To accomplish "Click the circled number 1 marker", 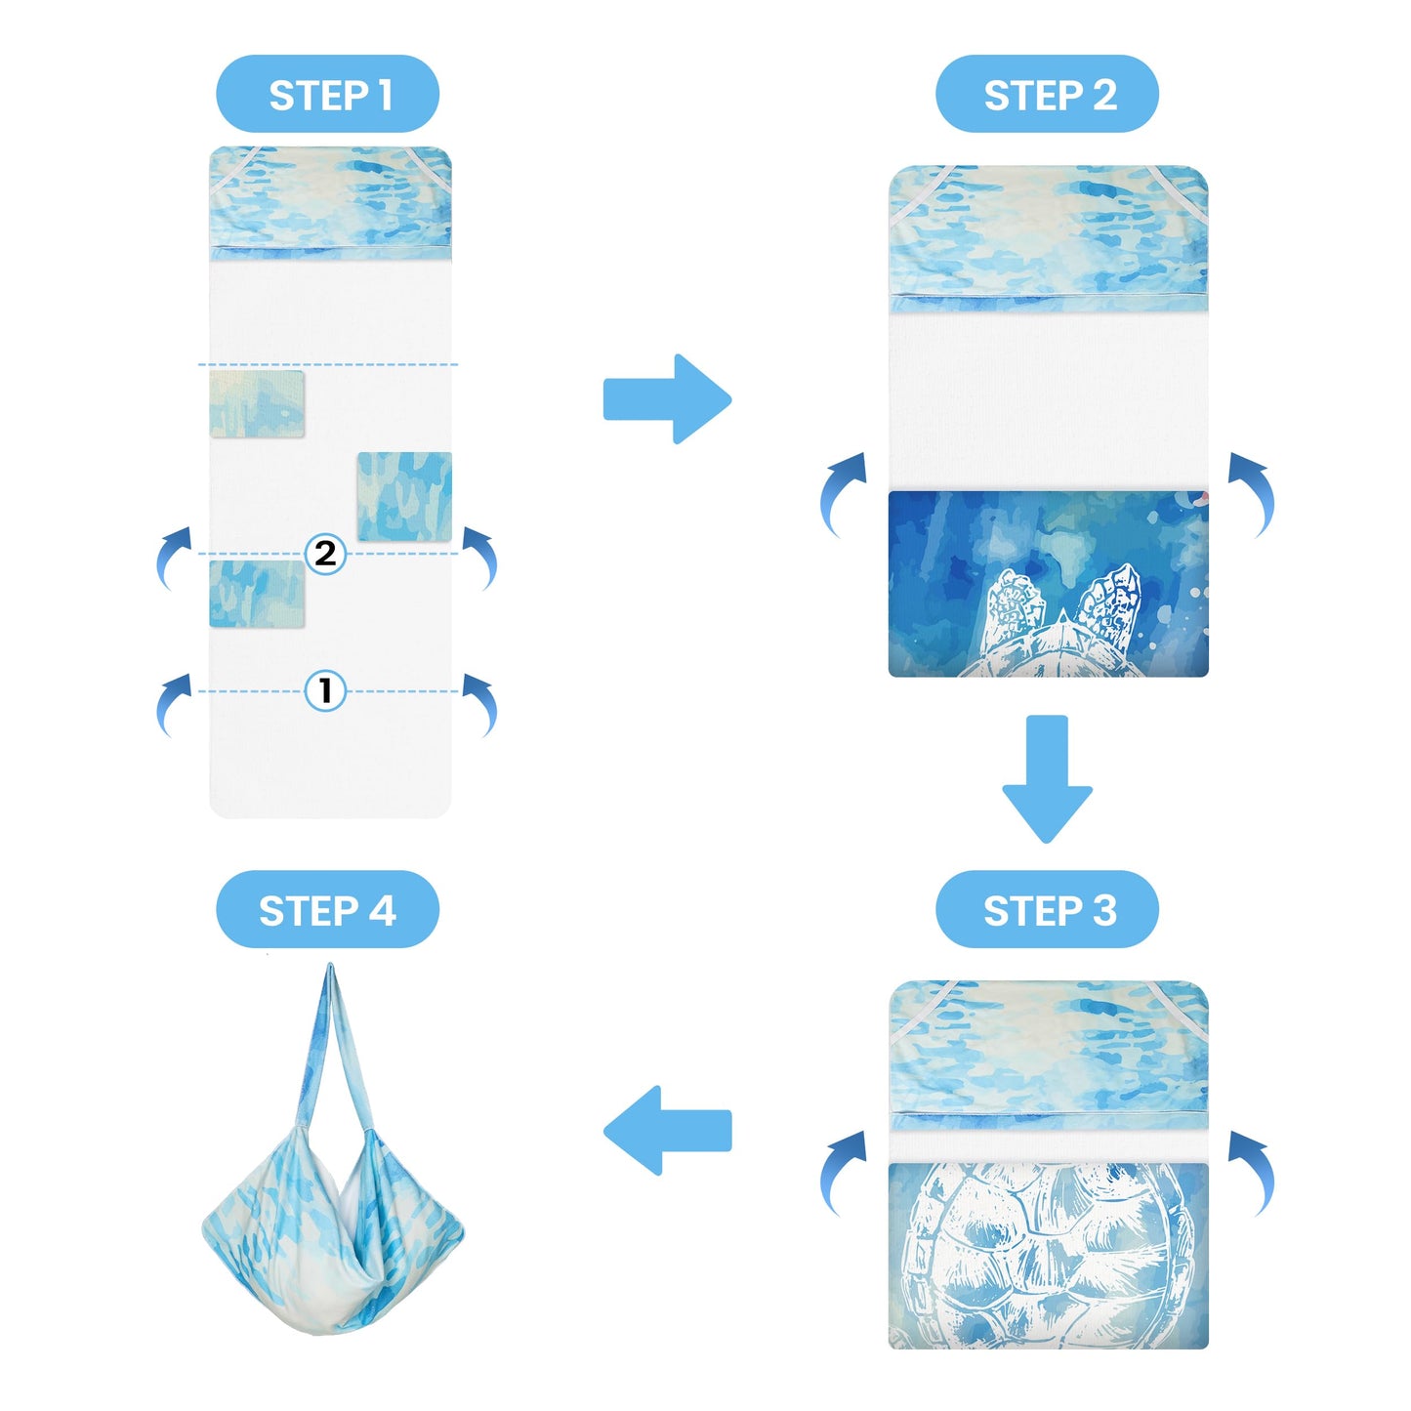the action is (x=325, y=690).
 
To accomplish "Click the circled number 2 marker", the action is (x=325, y=553).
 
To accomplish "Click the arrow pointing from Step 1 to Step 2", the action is (x=667, y=399).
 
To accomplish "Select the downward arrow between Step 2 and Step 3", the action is (x=1047, y=778).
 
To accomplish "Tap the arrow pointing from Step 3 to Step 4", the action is (x=667, y=1130).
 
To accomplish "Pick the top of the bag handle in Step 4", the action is (x=331, y=971).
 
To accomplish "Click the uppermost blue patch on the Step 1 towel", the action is (x=256, y=404).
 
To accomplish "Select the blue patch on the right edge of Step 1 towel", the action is (x=404, y=496).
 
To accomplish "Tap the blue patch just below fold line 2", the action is (x=256, y=593).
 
